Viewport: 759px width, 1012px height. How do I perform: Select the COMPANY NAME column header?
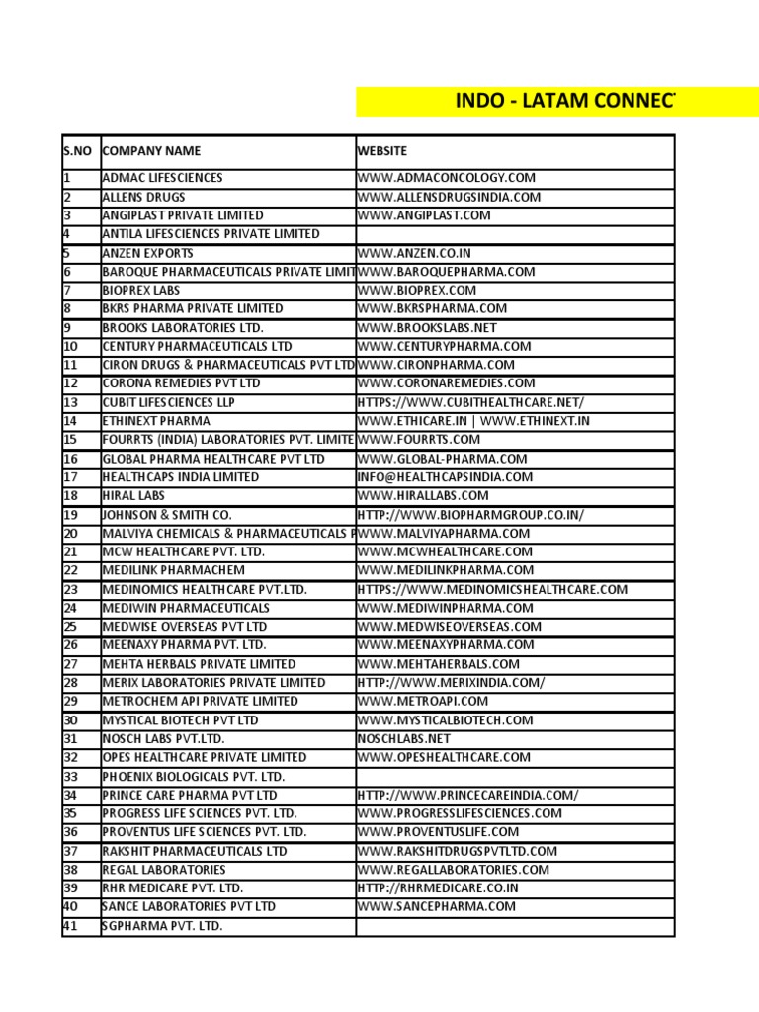coord(151,151)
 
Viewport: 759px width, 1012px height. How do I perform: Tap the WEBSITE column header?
coord(381,151)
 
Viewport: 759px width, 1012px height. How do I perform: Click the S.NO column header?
coord(78,151)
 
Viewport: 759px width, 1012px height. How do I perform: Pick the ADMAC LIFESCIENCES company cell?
coord(163,178)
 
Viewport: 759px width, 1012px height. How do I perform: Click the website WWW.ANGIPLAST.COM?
coord(424,215)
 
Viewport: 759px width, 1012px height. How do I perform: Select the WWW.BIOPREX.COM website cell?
coord(417,291)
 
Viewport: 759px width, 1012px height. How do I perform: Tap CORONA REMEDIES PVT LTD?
coord(182,383)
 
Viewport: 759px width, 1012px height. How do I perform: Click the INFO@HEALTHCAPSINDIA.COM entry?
coord(445,477)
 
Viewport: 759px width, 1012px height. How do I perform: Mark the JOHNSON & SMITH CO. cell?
coord(167,515)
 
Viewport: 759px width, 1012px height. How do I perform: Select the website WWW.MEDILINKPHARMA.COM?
coord(446,570)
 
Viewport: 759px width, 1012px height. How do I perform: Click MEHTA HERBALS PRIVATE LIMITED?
coord(199,664)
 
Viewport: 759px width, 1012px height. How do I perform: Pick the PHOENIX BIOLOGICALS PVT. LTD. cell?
coord(194,776)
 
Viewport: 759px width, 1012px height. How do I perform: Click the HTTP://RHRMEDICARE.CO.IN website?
coord(438,887)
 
